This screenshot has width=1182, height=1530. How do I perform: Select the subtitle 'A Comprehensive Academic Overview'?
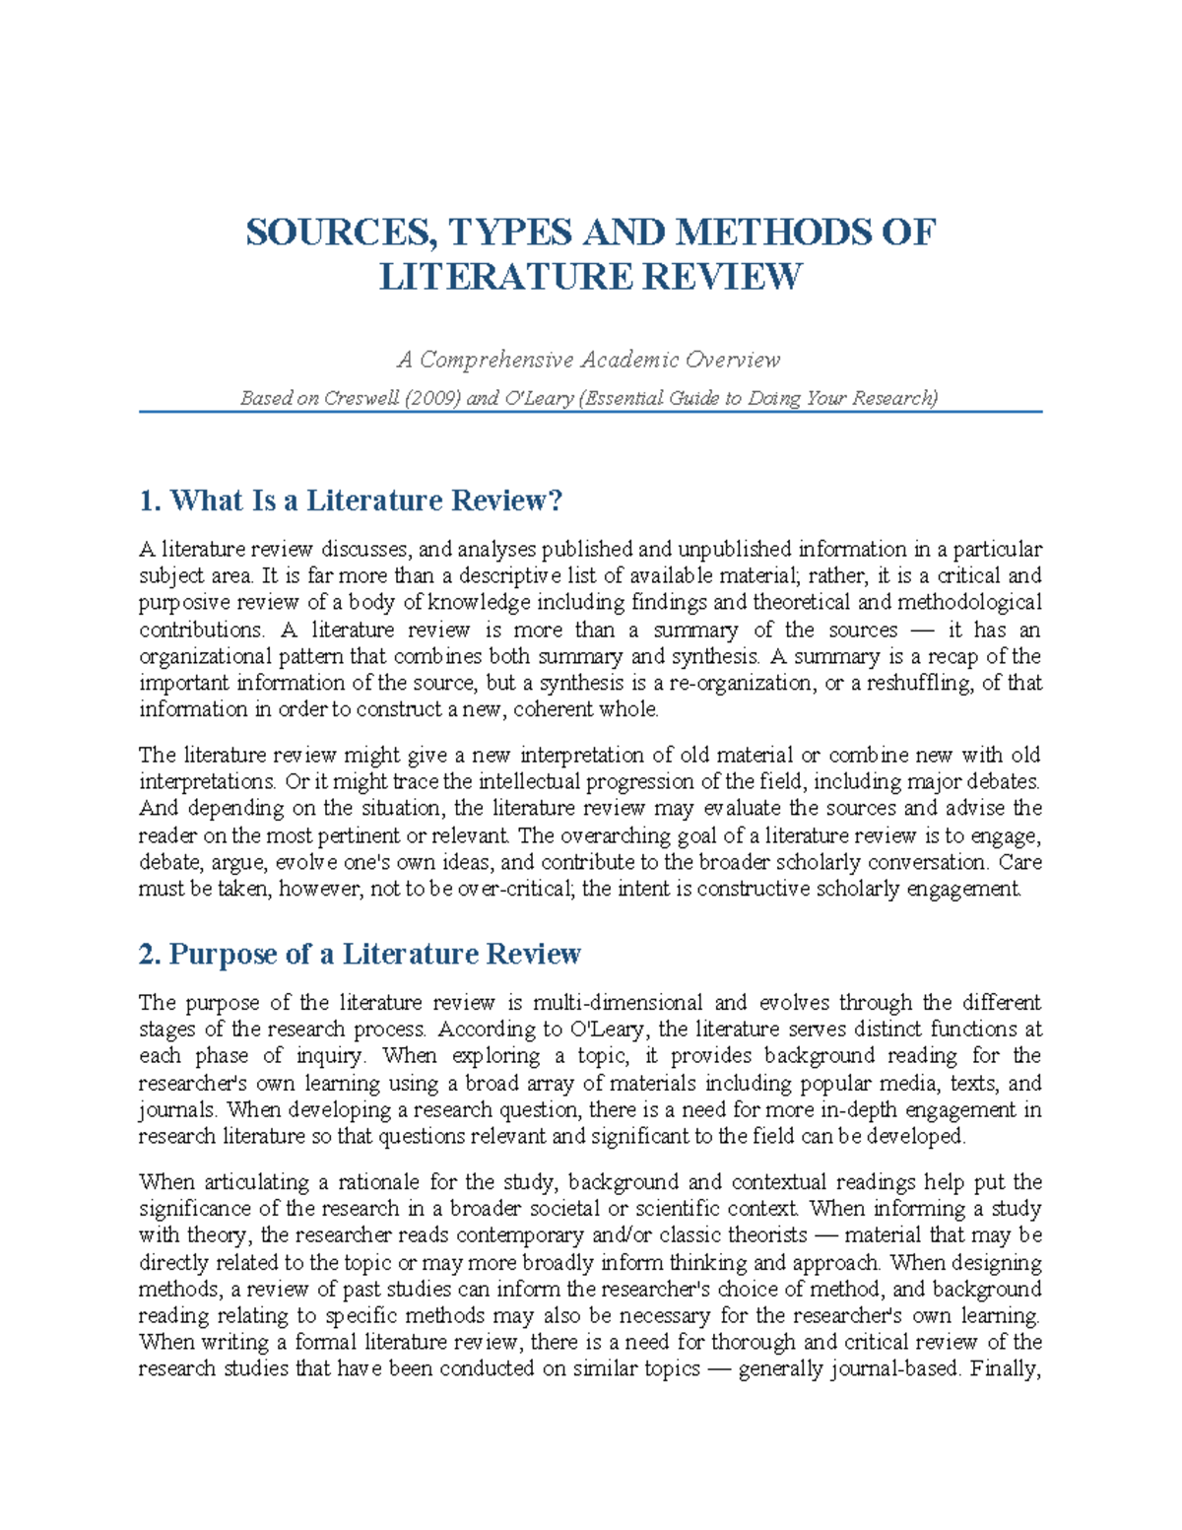(x=589, y=360)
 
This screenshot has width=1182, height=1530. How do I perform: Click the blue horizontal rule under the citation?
(x=590, y=412)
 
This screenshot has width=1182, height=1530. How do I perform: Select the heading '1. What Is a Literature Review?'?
(x=351, y=500)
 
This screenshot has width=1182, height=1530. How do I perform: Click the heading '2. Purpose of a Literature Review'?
(x=360, y=954)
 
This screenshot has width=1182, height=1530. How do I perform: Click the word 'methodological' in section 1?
(x=974, y=602)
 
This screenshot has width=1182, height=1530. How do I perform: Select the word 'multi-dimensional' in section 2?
(x=618, y=1003)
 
